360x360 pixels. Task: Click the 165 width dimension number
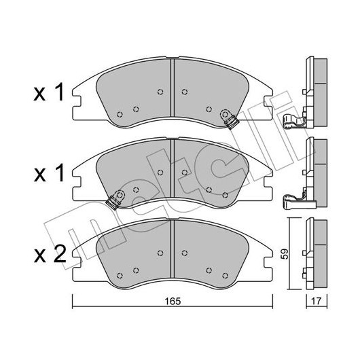coord(173,301)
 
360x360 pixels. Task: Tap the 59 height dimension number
coord(285,254)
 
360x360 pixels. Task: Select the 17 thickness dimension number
coord(316,301)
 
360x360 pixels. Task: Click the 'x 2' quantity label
coord(50,254)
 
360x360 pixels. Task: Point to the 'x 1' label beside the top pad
coord(49,92)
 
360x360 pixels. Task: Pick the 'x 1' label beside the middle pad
coord(49,174)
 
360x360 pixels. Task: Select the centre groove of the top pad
coord(173,88)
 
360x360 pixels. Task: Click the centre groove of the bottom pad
coord(173,249)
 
